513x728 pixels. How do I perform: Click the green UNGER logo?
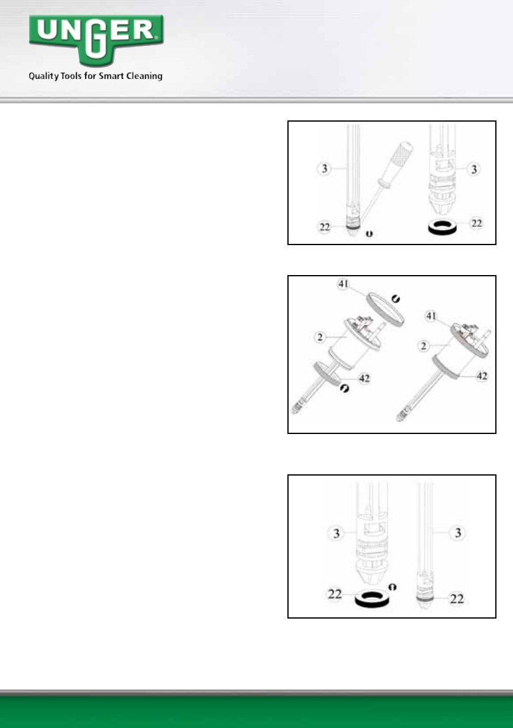[x=96, y=40]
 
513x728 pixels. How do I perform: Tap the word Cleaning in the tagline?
[x=144, y=76]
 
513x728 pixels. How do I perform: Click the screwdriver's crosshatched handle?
[x=398, y=158]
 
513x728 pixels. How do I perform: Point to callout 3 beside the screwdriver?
[x=324, y=169]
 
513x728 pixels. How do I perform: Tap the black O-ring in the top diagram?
[x=442, y=227]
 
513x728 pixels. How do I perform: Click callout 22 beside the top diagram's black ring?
[x=477, y=223]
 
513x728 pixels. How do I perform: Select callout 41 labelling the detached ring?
[x=343, y=284]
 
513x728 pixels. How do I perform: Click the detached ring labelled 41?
[x=385, y=309]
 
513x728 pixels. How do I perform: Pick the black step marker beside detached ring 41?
[x=396, y=299]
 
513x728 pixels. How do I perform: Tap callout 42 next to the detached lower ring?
[x=364, y=378]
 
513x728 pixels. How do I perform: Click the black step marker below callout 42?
[x=344, y=388]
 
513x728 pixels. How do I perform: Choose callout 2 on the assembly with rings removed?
[x=319, y=337]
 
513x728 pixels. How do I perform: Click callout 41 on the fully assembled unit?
[x=431, y=316]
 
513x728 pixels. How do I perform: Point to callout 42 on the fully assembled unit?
[x=482, y=376]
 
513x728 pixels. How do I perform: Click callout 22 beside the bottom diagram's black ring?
[x=334, y=594]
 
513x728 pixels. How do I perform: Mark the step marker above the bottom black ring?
[x=393, y=587]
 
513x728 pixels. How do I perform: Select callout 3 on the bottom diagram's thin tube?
[x=458, y=532]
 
